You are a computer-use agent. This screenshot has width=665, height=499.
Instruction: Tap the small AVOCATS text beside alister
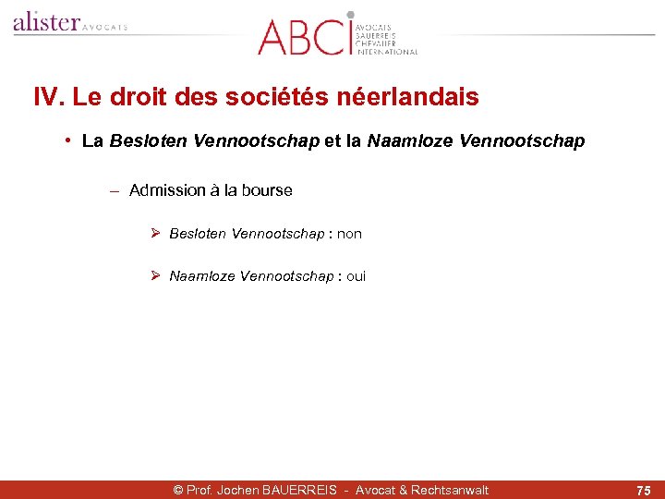click(105, 28)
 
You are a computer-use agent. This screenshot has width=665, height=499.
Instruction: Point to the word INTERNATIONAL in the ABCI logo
click(387, 53)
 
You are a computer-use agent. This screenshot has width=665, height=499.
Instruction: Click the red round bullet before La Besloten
click(69, 141)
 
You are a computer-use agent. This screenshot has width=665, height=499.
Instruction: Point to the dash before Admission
click(114, 191)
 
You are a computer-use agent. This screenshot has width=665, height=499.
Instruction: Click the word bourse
click(267, 190)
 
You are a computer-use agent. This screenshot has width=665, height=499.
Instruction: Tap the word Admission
click(167, 190)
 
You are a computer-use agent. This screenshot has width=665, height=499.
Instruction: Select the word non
click(349, 234)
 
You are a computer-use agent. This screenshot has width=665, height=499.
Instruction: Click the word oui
click(356, 276)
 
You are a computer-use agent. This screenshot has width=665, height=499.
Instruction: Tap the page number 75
click(643, 490)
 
